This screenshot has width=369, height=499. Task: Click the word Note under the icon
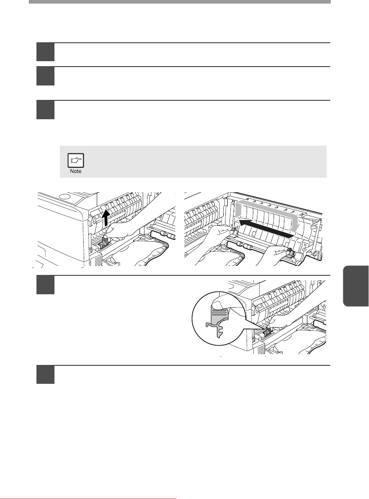(76, 171)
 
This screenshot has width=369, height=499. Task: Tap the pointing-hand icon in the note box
(76, 161)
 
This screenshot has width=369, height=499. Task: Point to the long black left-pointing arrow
(265, 228)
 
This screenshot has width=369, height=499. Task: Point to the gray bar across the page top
(180, 2)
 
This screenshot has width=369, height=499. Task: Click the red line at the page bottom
(88, 499)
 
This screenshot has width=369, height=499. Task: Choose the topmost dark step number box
(45, 52)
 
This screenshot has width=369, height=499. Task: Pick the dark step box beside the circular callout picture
(45, 285)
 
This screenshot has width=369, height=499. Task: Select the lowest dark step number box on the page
(45, 374)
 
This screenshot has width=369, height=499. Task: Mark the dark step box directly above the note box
(45, 110)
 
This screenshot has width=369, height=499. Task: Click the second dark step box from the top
(45, 76)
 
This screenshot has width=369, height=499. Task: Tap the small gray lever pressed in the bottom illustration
(266, 332)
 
